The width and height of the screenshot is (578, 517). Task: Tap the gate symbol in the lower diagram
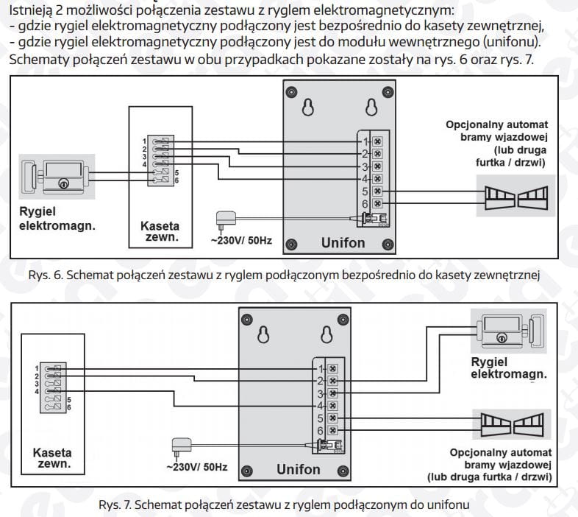click(512, 423)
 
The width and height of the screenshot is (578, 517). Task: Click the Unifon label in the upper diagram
click(343, 242)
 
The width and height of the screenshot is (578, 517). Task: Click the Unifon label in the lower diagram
click(299, 469)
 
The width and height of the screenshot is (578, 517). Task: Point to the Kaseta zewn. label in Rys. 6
click(160, 232)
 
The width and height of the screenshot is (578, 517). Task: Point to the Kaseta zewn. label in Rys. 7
click(53, 459)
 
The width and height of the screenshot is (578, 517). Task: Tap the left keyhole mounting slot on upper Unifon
click(309, 108)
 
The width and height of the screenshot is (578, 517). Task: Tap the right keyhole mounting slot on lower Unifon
click(325, 335)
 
